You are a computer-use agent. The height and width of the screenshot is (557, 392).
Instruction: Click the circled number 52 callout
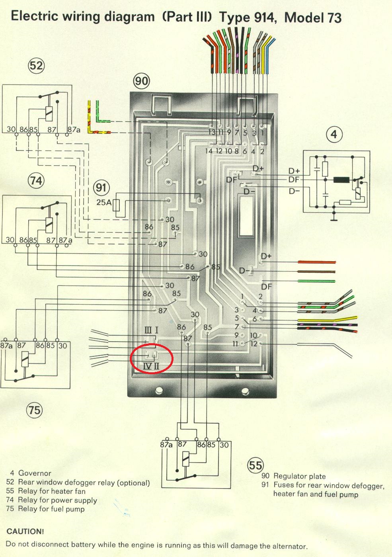(x=36, y=65)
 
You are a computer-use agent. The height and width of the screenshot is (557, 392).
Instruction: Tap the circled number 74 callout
(x=36, y=181)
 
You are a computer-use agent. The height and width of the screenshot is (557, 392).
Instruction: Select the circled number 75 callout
(x=35, y=409)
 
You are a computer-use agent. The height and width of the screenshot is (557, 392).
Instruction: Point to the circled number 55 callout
(x=255, y=465)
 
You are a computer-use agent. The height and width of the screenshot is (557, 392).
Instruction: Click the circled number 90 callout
(x=141, y=81)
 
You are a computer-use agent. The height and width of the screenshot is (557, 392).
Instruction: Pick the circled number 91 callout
(x=101, y=188)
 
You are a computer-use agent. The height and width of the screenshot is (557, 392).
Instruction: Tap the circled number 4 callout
(x=334, y=135)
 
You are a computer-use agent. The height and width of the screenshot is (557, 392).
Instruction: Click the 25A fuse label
(x=104, y=202)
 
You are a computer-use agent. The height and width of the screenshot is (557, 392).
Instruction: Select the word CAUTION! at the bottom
(x=25, y=532)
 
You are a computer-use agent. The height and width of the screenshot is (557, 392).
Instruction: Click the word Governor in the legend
(x=35, y=473)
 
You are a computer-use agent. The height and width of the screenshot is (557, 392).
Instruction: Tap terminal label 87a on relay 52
(x=74, y=130)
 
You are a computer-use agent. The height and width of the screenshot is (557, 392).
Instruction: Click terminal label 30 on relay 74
(x=10, y=240)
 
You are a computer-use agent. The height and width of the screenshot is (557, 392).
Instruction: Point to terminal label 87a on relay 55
(x=166, y=444)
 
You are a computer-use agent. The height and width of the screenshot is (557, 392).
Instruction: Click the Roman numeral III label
(x=148, y=330)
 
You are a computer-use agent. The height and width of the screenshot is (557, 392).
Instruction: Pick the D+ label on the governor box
(x=294, y=171)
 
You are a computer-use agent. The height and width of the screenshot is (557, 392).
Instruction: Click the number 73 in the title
(x=334, y=18)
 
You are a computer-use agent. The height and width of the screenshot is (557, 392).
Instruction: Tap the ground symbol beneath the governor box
(x=333, y=218)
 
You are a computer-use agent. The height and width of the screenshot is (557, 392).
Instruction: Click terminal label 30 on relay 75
(x=63, y=346)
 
